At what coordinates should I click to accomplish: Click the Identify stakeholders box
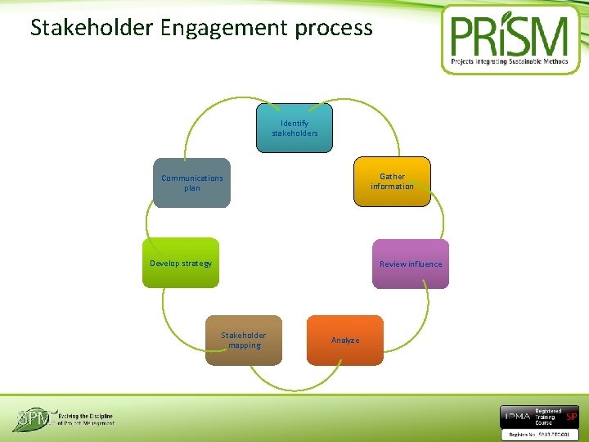click(x=294, y=129)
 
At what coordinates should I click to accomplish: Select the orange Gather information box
click(x=392, y=182)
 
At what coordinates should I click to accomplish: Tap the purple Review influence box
click(x=410, y=264)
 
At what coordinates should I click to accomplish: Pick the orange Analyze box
click(x=344, y=340)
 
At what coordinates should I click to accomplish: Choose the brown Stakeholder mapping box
click(x=244, y=340)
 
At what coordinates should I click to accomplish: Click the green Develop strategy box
click(x=181, y=263)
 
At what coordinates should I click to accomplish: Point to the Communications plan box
click(x=192, y=183)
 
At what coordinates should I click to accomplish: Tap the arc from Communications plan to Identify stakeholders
click(x=205, y=115)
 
